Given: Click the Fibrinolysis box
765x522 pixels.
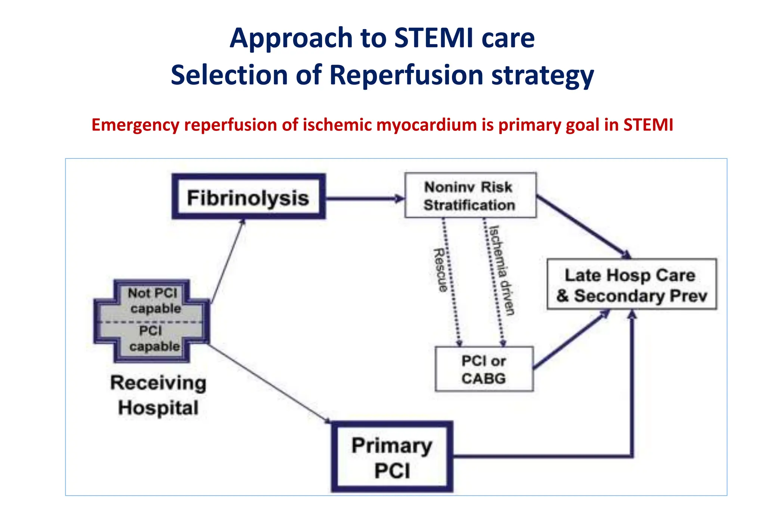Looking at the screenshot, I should [248, 197].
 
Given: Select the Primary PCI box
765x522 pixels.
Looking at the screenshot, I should [392, 457].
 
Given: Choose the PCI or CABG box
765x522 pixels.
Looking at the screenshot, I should [484, 369].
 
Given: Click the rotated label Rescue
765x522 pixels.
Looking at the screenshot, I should [440, 270].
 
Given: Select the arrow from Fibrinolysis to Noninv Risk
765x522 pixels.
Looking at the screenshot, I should [364, 198].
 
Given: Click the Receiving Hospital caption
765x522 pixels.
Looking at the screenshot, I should [158, 395].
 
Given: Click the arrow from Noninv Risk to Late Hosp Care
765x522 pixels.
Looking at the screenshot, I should [583, 226].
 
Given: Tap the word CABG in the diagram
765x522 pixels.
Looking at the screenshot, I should [483, 379].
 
